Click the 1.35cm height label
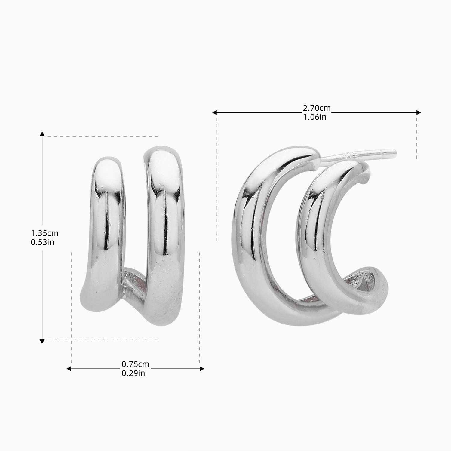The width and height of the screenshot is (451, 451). [x=44, y=233]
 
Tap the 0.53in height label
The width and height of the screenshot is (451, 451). [x=42, y=242]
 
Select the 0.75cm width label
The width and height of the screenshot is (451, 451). [x=135, y=364]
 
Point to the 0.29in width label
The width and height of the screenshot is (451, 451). [x=133, y=373]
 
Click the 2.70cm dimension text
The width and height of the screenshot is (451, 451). [x=316, y=108]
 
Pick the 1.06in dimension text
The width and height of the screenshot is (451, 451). [x=314, y=117]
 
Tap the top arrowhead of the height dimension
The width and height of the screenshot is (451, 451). [x=42, y=134]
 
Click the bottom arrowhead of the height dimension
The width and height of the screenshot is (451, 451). [x=42, y=341]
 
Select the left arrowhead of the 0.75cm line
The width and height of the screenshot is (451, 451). [x=69, y=369]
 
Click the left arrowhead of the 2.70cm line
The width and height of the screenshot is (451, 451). [x=215, y=112]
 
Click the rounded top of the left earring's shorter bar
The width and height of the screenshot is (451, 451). [x=107, y=164]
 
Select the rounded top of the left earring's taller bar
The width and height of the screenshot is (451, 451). [x=164, y=153]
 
